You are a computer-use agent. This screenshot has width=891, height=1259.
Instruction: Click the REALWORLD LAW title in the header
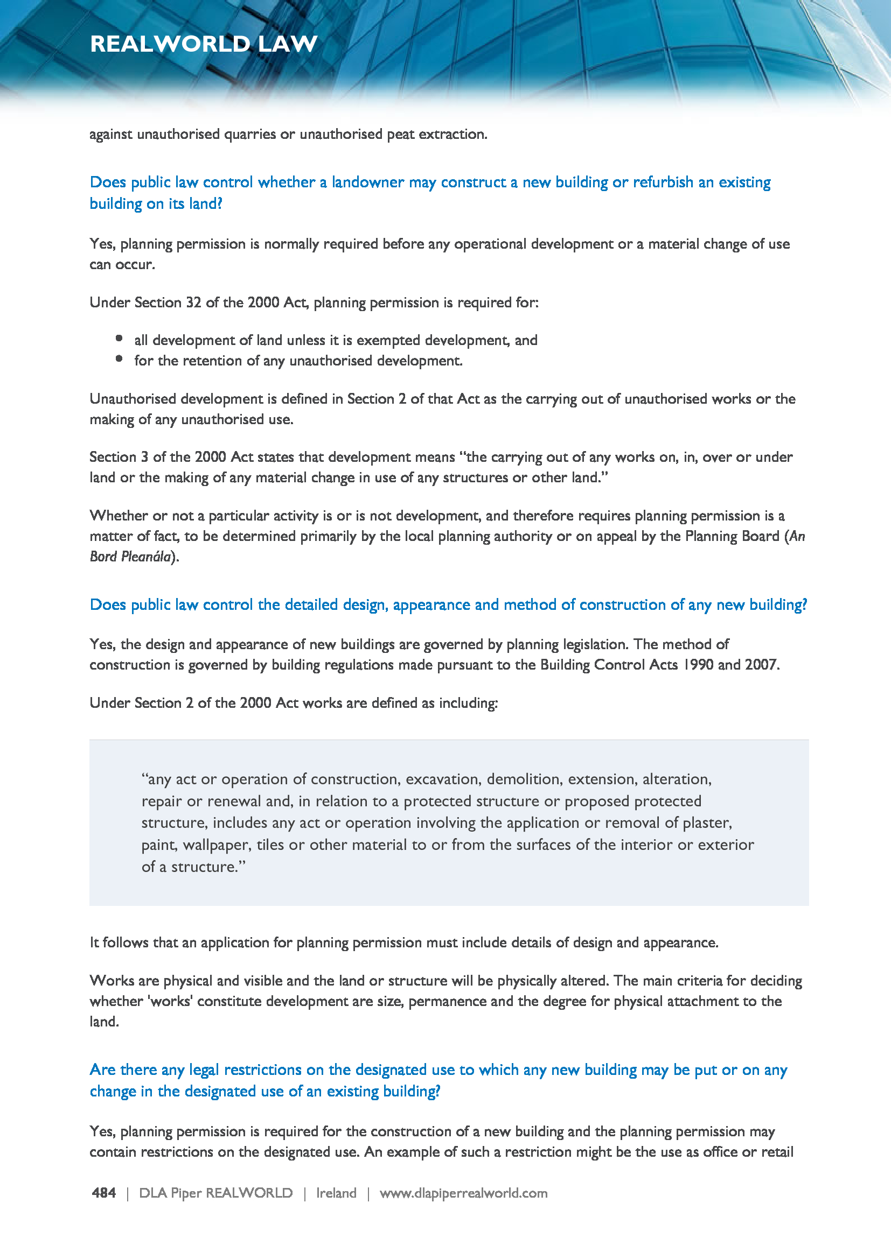[204, 44]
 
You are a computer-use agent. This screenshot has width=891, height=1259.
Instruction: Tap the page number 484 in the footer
[103, 1193]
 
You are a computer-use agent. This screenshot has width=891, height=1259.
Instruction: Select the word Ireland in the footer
[336, 1193]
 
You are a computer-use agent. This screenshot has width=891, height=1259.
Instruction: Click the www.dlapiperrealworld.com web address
[463, 1193]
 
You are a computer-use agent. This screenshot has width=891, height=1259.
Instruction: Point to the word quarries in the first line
[249, 135]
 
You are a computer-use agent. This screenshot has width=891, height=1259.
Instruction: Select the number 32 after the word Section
[193, 303]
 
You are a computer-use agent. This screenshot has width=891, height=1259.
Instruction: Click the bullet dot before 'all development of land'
[119, 339]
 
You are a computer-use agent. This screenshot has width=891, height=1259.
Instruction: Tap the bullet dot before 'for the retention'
[119, 358]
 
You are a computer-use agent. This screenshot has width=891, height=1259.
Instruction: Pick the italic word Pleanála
[145, 557]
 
